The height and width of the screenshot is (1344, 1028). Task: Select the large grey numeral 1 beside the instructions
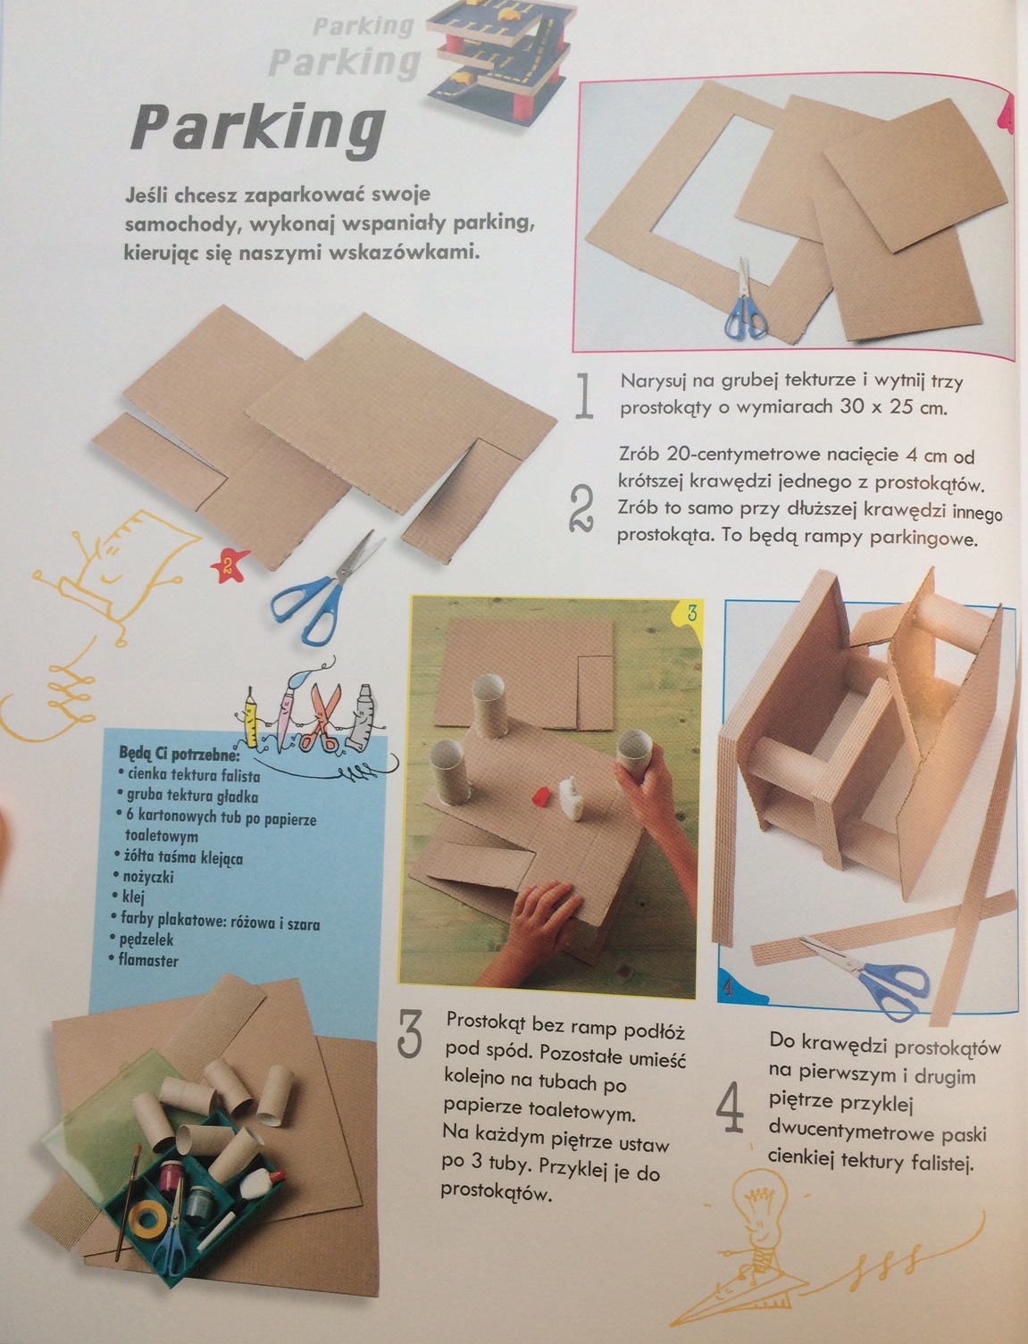click(585, 397)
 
